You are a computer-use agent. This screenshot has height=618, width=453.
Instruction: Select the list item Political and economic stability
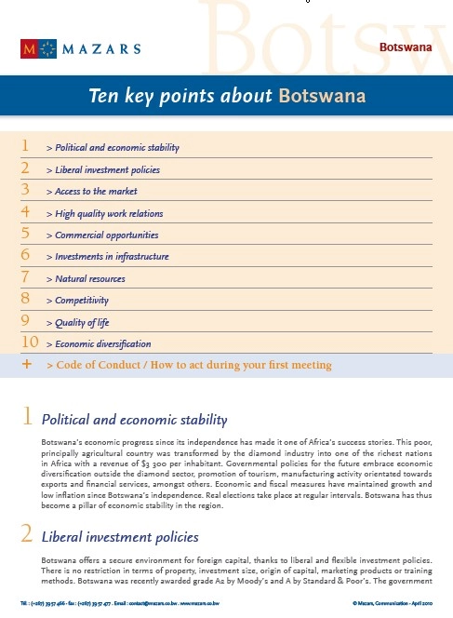117,148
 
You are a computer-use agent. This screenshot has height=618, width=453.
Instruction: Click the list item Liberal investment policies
108,170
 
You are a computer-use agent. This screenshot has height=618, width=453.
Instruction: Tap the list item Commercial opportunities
107,235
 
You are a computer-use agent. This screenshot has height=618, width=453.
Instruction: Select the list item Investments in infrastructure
112,257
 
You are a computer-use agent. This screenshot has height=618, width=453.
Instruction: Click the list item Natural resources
90,279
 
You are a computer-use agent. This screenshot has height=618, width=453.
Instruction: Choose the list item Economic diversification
104,343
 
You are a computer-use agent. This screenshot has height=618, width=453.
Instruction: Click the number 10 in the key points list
29,343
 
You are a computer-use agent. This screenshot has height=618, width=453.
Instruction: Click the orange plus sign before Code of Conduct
26,365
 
